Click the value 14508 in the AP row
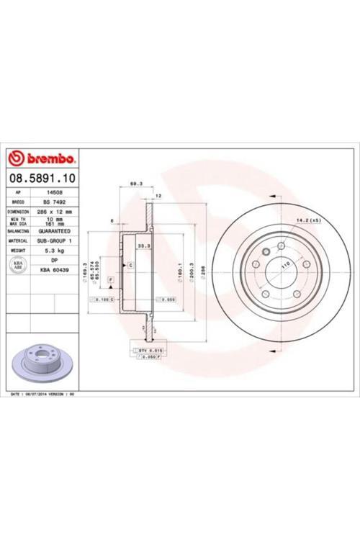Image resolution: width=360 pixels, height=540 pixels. (54, 193)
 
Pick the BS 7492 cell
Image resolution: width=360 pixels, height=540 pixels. (54, 203)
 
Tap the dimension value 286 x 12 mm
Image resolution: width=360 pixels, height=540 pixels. (54, 212)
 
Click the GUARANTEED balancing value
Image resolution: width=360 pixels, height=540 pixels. (54, 231)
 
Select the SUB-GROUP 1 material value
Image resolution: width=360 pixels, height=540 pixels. (54, 240)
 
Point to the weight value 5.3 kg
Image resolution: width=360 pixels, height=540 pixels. (54, 251)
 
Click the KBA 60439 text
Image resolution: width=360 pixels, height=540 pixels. (54, 269)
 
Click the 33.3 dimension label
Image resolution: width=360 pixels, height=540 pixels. (144, 246)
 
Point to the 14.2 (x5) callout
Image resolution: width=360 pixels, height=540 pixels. (303, 219)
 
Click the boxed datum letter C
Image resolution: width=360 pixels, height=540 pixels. (131, 266)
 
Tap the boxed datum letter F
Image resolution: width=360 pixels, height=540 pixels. (111, 278)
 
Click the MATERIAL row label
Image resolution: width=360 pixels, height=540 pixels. (18, 240)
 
